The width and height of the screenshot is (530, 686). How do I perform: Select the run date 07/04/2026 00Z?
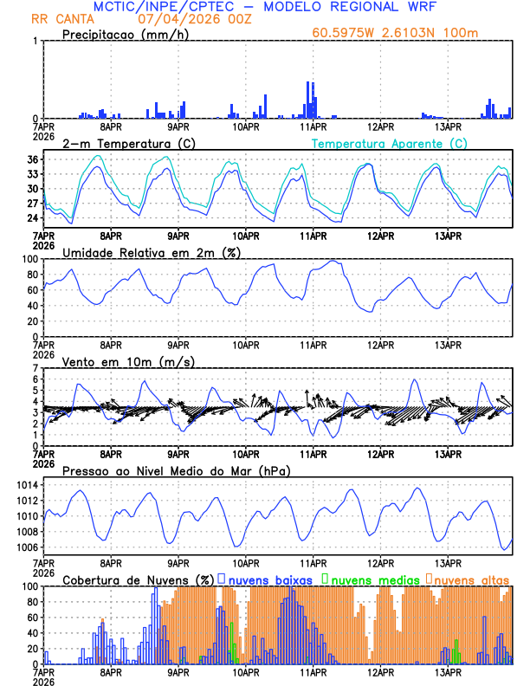pos(189,19)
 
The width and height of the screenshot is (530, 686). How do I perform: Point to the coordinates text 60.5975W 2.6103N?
pos(377,33)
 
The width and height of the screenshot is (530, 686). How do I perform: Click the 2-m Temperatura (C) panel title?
pos(129,143)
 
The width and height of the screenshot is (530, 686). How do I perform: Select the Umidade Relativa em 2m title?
pos(153,252)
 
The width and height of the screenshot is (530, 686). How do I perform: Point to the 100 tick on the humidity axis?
pos(29,259)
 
